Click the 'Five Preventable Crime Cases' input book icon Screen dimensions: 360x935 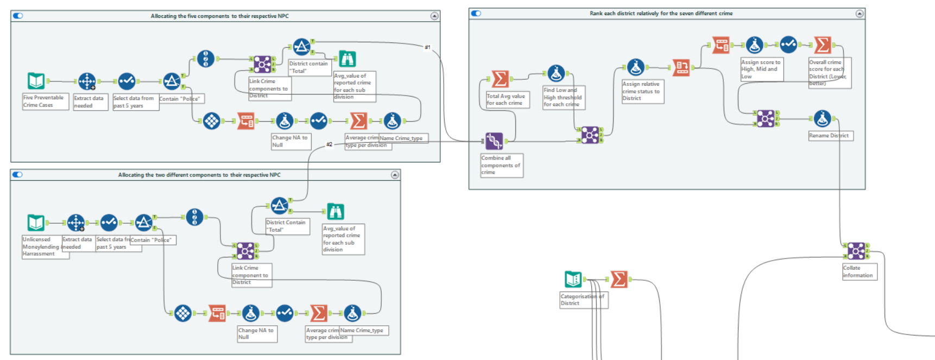[36, 81]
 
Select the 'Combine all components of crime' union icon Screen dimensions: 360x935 [494, 141]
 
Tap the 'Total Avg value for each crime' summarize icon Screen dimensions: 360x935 [500, 79]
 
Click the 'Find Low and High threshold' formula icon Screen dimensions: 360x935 [555, 73]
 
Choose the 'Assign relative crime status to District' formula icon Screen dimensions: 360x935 [635, 67]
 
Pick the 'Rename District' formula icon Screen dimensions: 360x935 [822, 118]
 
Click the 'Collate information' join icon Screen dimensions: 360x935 [856, 250]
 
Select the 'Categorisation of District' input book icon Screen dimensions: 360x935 [573, 279]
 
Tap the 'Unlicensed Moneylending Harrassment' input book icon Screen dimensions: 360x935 [36, 223]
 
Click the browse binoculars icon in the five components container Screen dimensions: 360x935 [347, 59]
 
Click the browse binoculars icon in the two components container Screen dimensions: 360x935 [335, 211]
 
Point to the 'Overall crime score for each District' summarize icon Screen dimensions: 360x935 [822, 45]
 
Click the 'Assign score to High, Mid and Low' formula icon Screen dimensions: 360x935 [754, 45]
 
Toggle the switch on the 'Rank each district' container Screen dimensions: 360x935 [476, 13]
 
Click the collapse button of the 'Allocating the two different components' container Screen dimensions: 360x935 [395, 175]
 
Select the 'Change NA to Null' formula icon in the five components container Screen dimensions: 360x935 [284, 121]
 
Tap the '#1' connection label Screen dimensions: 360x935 [427, 48]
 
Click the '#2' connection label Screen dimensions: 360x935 [329, 144]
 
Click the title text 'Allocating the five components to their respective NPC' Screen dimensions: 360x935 [219, 16]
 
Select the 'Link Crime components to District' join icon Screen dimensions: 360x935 [262, 65]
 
